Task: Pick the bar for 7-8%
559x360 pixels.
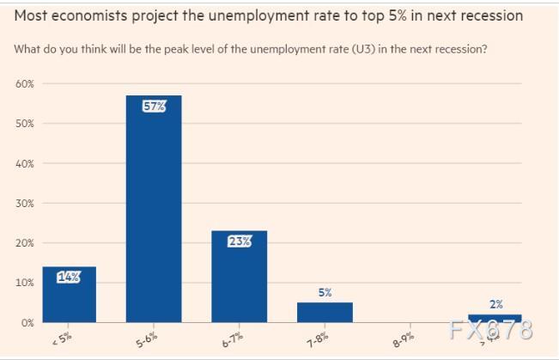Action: point(325,312)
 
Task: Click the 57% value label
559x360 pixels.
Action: point(155,106)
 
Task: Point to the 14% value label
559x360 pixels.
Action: point(69,277)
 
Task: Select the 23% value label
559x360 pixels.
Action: point(239,241)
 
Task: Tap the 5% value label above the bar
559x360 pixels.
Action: point(325,293)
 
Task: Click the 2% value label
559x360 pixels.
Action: point(495,304)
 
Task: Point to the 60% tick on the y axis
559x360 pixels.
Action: point(24,84)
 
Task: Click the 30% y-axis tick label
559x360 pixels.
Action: point(24,203)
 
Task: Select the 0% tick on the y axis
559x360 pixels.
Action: point(27,322)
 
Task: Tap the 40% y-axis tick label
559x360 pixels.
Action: point(24,163)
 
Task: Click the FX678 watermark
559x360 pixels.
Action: point(489,330)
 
